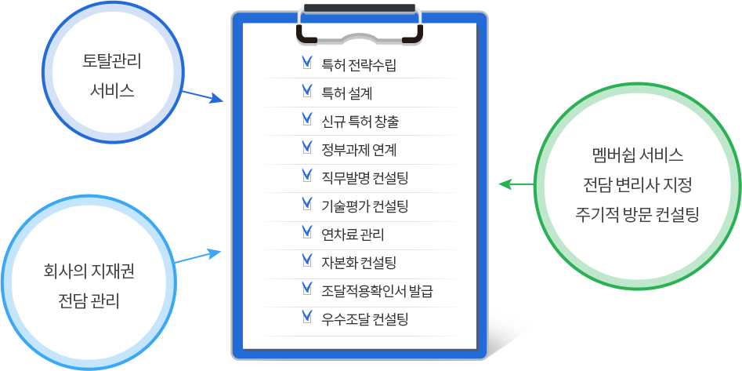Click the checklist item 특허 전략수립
point(359,65)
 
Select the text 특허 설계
point(347,93)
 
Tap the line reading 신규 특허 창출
point(360,122)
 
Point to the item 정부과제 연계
point(359,150)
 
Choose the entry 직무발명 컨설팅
point(364,178)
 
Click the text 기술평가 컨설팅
point(364,206)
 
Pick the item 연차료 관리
point(353,235)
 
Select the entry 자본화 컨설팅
point(359,263)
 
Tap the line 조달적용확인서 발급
point(377,291)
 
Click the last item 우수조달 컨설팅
point(364,319)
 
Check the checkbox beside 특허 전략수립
point(307,64)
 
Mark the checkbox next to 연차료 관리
point(307,233)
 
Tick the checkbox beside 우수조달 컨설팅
point(307,317)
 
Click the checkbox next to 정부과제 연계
point(307,148)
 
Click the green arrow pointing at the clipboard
point(517,184)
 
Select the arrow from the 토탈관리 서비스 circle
point(202,96)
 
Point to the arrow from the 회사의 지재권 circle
point(197,256)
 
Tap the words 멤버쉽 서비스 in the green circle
point(638,155)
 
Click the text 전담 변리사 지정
point(638,185)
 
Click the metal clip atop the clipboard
point(360,24)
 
